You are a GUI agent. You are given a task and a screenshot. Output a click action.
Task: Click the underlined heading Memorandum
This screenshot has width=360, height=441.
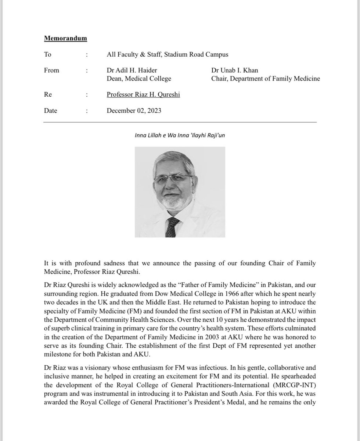pyautogui.click(x=65, y=38)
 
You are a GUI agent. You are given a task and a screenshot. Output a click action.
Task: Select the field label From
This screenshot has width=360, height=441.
pyautogui.click(x=51, y=70)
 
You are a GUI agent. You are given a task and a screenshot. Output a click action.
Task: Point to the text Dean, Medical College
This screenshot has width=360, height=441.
pyautogui.click(x=139, y=78)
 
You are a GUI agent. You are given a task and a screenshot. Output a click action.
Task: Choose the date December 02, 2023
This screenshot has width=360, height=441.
pyautogui.click(x=134, y=111)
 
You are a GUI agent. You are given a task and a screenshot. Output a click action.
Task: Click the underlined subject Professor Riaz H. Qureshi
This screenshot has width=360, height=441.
pyautogui.click(x=143, y=94)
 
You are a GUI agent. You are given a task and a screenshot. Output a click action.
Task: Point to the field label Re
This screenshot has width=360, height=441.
pyautogui.click(x=47, y=94)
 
